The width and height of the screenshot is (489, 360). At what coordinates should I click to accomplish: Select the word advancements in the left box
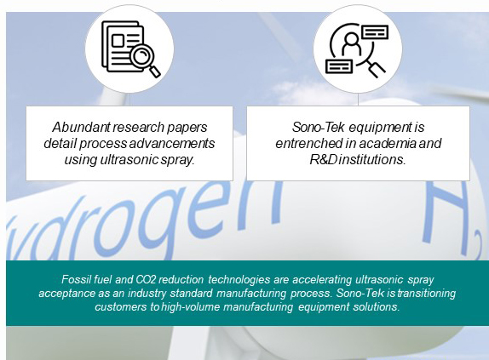pyautogui.click(x=172, y=143)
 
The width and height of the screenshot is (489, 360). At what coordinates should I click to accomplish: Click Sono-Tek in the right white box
pyautogui.click(x=318, y=127)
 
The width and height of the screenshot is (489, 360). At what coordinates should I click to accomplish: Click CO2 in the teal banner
pyautogui.click(x=146, y=279)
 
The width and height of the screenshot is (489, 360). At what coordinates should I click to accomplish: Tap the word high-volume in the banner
pyautogui.click(x=191, y=306)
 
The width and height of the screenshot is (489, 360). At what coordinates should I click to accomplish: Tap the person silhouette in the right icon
pyautogui.click(x=351, y=43)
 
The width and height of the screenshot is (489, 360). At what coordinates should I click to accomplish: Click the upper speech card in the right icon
pyautogui.click(x=375, y=32)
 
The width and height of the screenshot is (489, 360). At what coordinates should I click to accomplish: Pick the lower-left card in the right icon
pyautogui.click(x=339, y=66)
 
